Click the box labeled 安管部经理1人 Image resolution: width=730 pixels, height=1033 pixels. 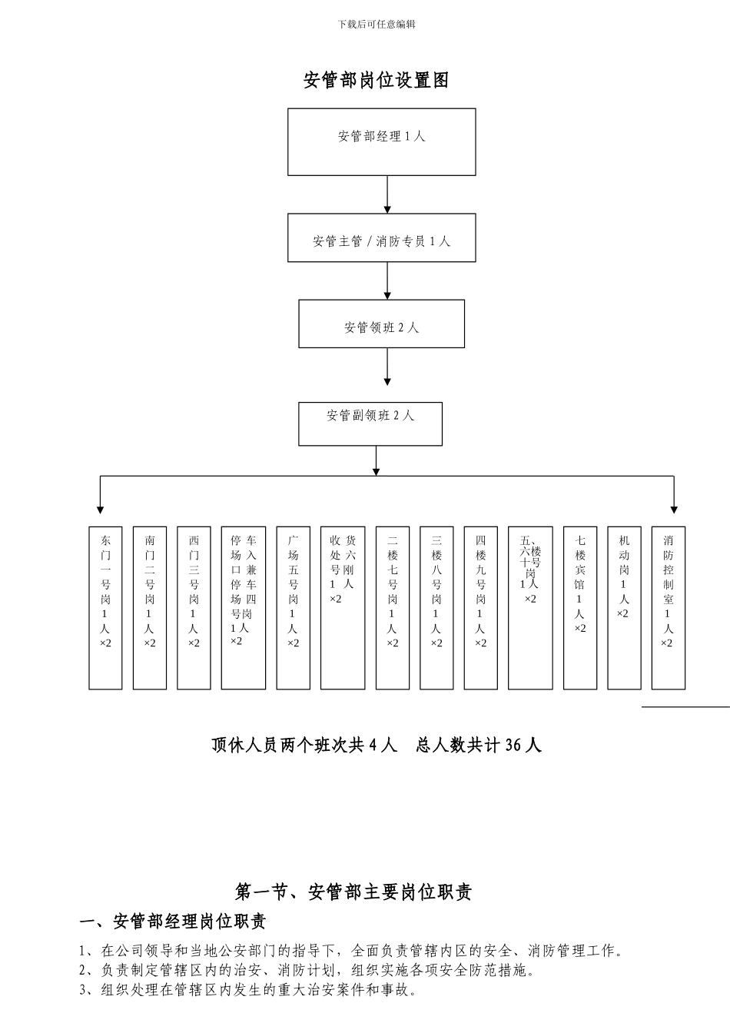(381, 142)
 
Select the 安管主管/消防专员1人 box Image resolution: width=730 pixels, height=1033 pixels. (381, 238)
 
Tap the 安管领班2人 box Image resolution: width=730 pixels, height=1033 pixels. (381, 324)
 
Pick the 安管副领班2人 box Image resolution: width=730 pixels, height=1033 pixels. (370, 423)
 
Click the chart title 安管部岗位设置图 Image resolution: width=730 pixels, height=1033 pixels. (377, 80)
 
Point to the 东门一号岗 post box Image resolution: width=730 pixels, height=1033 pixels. (105, 607)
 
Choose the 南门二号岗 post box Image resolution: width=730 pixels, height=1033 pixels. (150, 607)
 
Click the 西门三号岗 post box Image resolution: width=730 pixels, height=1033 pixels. (194, 607)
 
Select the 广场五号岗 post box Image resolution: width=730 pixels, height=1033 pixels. (293, 607)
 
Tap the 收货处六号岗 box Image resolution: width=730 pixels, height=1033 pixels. (343, 607)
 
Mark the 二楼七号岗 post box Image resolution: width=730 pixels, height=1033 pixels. (392, 607)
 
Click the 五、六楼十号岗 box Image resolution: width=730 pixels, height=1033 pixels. (530, 607)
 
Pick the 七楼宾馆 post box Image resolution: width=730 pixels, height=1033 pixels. (580, 607)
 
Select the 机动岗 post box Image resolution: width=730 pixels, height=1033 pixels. (624, 607)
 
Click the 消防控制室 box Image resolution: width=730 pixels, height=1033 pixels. (668, 607)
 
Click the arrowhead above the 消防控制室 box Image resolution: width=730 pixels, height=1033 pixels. (674, 509)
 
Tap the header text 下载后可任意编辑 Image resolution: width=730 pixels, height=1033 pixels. (377, 25)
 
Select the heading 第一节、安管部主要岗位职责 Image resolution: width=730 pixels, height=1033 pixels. (353, 892)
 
